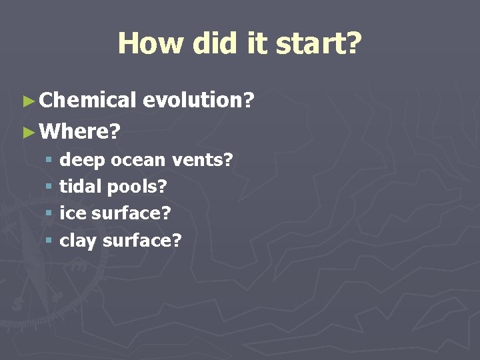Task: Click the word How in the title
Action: pyautogui.click(x=151, y=44)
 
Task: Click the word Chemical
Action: pyautogui.click(x=87, y=101)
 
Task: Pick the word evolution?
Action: pyautogui.click(x=199, y=101)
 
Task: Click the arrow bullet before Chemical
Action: pyautogui.click(x=27, y=101)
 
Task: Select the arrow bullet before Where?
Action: pyautogui.click(x=27, y=132)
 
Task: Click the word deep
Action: pyautogui.click(x=83, y=161)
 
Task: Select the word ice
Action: pyautogui.click(x=71, y=213)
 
